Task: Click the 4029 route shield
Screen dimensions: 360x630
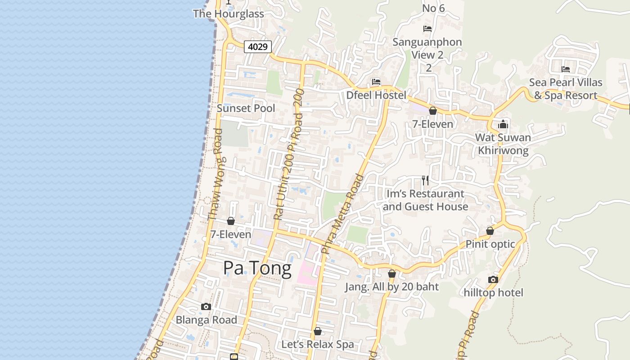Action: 258,46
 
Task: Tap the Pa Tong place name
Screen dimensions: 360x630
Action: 257,269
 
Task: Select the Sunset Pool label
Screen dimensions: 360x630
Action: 246,108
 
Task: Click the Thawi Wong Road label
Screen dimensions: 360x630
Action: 216,175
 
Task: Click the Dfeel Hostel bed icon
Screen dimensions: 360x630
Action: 376,82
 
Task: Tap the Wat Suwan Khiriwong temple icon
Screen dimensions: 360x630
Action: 503,124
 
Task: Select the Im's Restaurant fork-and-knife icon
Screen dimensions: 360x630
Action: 425,180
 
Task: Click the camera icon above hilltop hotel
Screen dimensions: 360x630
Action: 493,279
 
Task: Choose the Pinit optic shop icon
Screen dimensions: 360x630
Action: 490,231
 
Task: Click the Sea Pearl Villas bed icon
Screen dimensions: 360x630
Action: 566,69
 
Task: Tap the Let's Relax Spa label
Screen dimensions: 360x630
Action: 318,345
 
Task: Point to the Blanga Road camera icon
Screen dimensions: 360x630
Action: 206,307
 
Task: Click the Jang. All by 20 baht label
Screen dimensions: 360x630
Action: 391,287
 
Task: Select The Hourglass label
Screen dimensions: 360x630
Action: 229,13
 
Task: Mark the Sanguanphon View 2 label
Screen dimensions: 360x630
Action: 427,48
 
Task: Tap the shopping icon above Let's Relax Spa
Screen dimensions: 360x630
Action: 318,332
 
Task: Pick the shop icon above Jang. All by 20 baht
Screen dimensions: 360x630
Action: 392,274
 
